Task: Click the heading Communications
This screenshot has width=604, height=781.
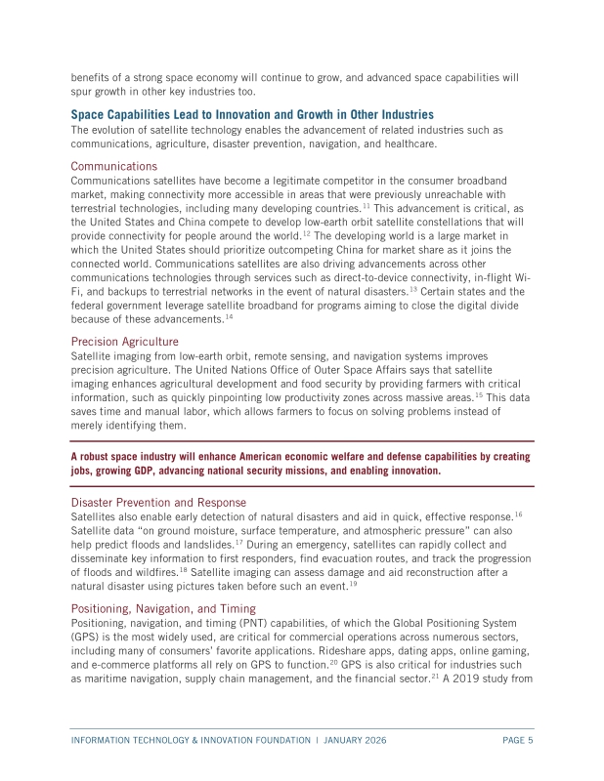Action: tap(113, 166)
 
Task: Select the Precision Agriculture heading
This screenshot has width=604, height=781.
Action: tap(124, 342)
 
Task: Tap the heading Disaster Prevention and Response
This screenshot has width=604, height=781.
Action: tap(158, 502)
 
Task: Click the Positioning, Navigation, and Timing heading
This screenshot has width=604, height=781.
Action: tap(163, 607)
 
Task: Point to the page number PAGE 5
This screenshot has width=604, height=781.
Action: tap(517, 741)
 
